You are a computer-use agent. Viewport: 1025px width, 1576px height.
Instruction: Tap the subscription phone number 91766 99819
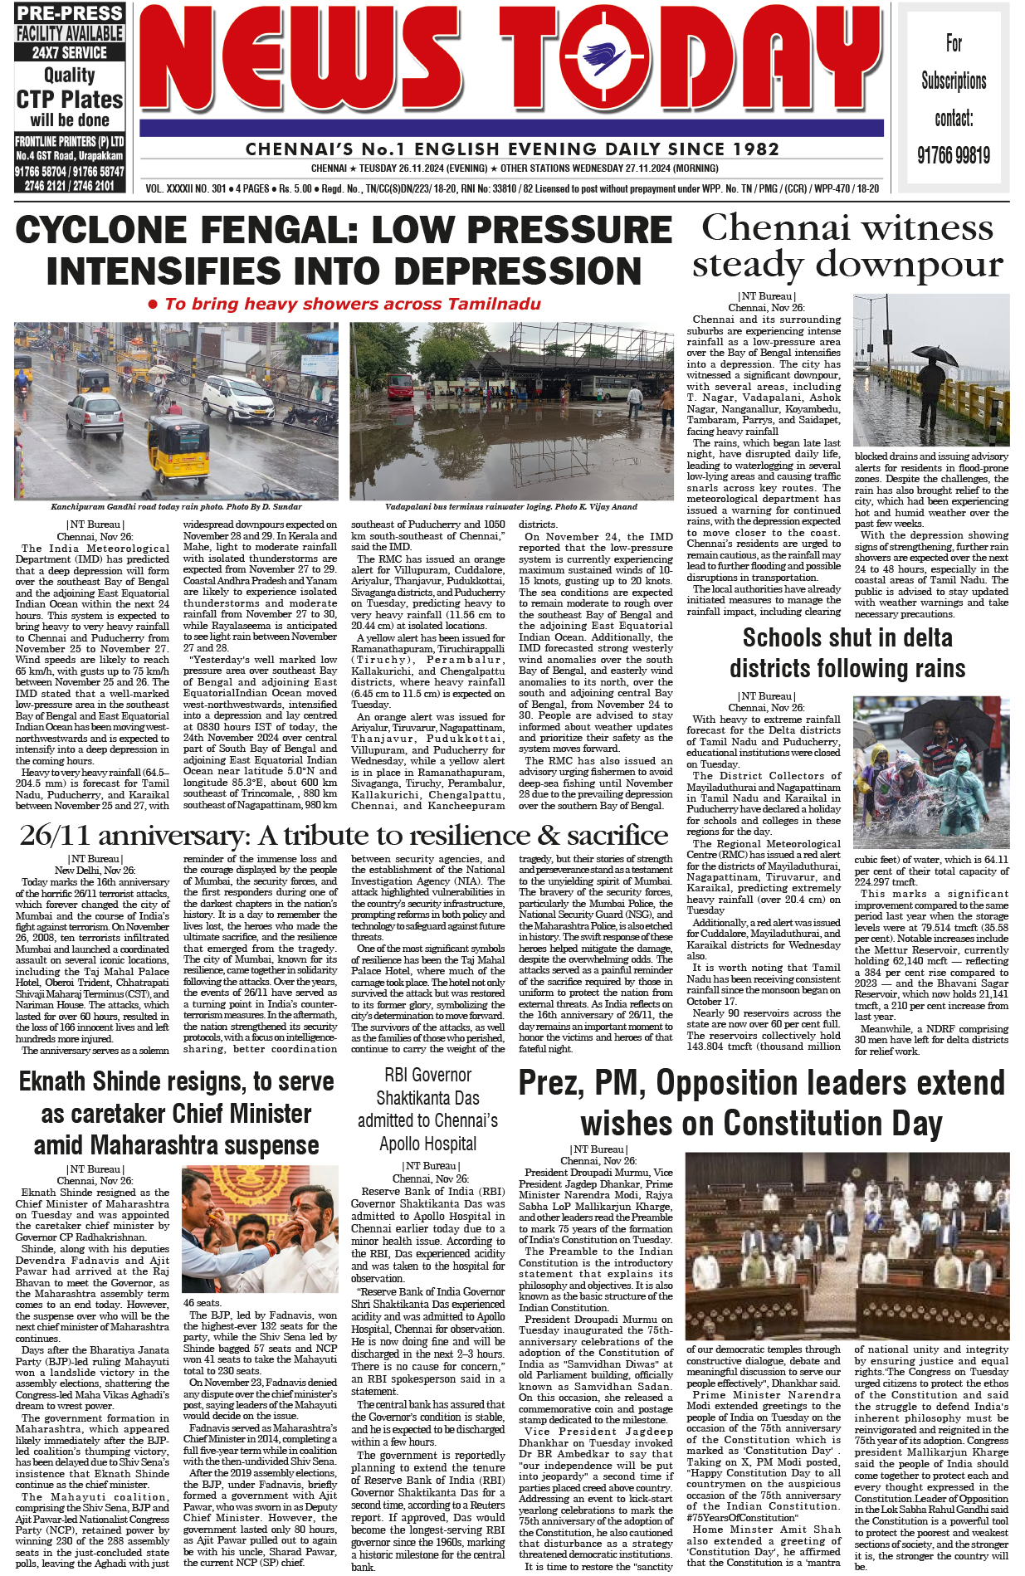954,155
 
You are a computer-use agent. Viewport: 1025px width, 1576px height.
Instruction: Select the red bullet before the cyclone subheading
153,305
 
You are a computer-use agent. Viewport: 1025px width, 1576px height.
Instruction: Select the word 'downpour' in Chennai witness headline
910,265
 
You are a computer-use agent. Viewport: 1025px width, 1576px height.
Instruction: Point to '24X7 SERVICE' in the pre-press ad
70,52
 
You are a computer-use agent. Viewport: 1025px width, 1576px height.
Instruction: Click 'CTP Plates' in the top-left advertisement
70,100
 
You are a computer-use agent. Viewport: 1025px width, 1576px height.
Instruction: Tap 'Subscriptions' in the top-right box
954,81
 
